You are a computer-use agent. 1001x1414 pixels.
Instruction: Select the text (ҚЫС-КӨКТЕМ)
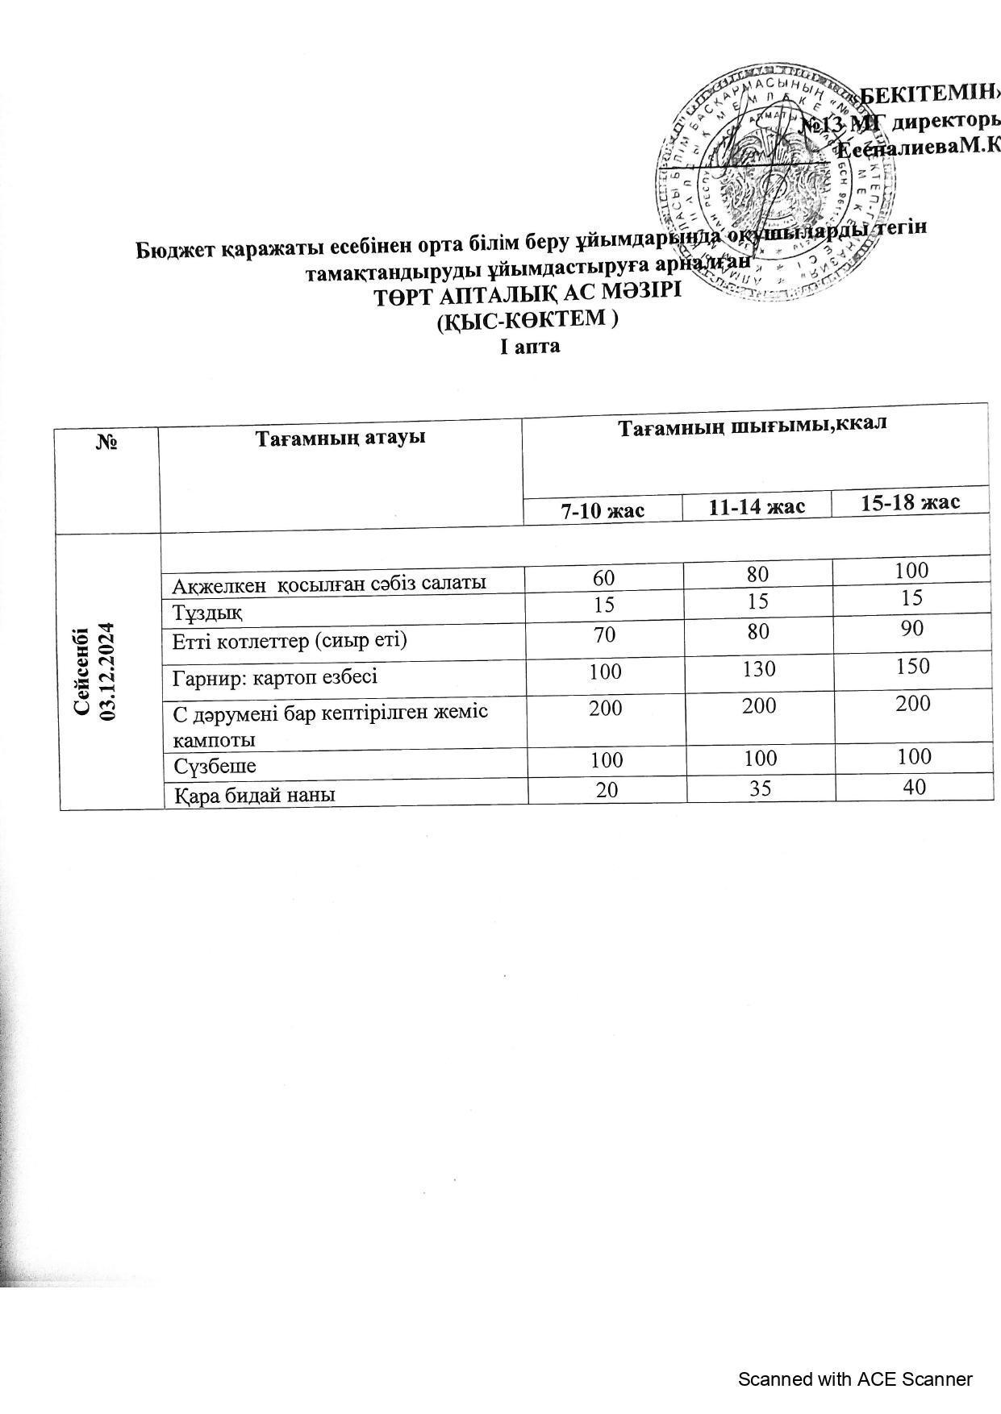pyautogui.click(x=527, y=320)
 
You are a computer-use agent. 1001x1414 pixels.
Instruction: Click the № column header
pyautogui.click(x=107, y=442)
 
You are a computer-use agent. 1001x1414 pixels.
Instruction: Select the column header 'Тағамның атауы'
pyautogui.click(x=340, y=438)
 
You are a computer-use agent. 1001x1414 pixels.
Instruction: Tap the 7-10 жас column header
pyautogui.click(x=603, y=509)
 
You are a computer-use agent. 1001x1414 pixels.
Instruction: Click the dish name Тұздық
pyautogui.click(x=207, y=612)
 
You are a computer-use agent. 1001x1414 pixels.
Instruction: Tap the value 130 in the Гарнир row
pyautogui.click(x=758, y=668)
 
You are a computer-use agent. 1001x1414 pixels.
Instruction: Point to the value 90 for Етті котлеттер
pyautogui.click(x=911, y=628)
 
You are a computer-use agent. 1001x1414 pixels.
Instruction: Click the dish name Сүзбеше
pyautogui.click(x=215, y=764)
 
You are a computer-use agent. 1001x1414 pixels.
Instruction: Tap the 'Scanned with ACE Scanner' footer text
pyautogui.click(x=855, y=1379)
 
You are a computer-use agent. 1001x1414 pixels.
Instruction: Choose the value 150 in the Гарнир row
pyautogui.click(x=911, y=666)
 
